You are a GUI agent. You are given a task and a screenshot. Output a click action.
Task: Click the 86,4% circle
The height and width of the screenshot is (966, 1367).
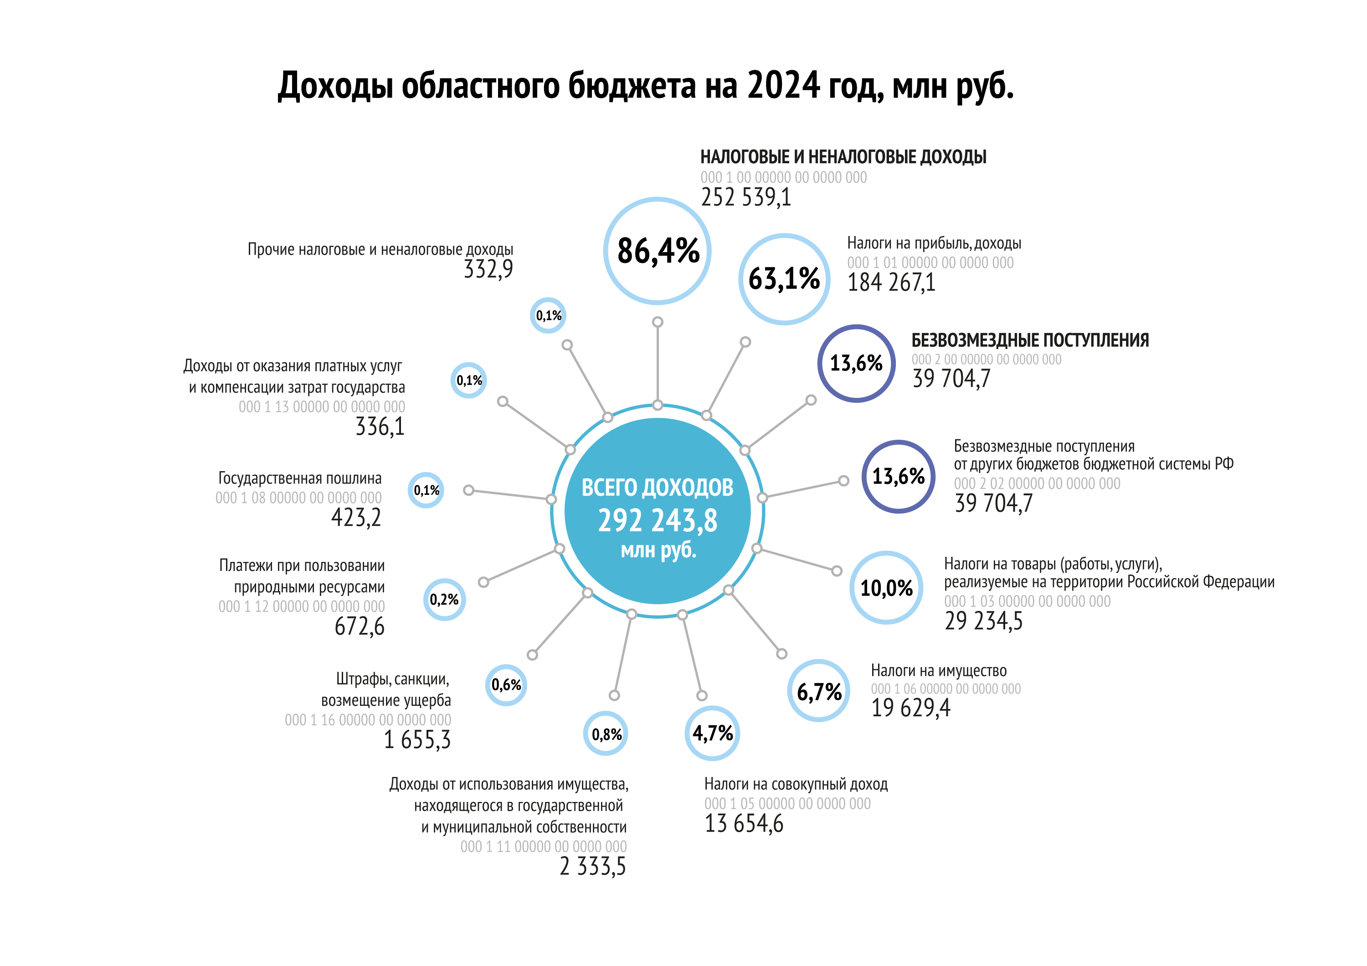point(658,251)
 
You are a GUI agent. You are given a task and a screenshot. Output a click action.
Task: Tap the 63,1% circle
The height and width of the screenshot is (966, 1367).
point(784,279)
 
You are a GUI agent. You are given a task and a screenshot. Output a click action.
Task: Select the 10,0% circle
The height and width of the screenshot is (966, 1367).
point(887,587)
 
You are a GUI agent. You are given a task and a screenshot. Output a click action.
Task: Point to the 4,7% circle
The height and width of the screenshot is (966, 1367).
point(712,733)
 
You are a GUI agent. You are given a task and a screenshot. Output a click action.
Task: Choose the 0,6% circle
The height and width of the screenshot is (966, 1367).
point(506,685)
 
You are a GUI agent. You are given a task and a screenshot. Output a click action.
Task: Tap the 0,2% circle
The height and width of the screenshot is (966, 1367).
point(444,599)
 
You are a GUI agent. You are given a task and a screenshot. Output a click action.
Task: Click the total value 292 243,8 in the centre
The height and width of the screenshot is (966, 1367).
point(658,521)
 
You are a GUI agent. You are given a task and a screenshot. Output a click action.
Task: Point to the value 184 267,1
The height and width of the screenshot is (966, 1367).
point(891,282)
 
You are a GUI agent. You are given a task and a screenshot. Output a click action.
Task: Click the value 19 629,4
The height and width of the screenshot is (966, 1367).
point(911,708)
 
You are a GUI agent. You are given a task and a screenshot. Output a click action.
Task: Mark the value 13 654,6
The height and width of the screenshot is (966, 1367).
point(744,823)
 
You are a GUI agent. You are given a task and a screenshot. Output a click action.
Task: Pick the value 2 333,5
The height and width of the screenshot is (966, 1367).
point(593,866)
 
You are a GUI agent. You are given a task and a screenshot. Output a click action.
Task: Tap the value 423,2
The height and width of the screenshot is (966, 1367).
point(356,517)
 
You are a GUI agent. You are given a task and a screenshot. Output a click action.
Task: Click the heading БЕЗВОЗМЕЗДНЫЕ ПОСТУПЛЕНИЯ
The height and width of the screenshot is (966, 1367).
point(1030,340)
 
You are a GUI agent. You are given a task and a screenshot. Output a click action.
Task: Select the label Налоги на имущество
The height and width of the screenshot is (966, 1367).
point(939,671)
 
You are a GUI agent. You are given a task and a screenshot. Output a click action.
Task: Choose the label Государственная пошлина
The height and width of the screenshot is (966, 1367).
point(300,478)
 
